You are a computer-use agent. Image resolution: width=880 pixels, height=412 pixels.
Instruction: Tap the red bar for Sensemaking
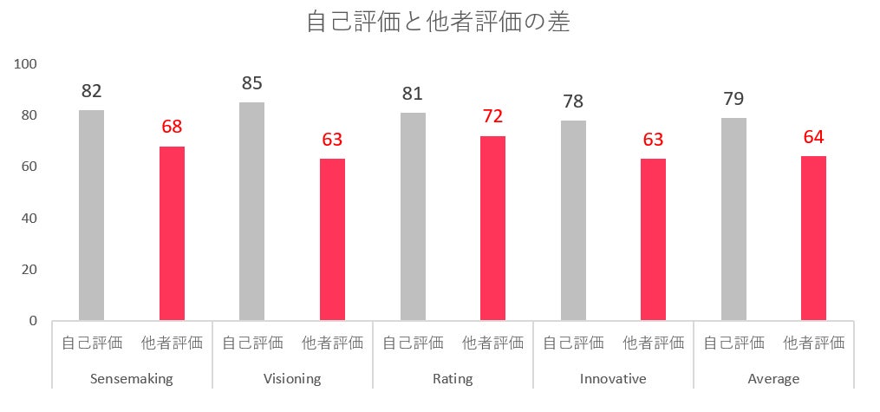click(x=172, y=233)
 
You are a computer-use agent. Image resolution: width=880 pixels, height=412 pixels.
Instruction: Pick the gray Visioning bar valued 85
click(x=251, y=212)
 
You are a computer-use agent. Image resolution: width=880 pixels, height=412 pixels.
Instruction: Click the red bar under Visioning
click(x=332, y=239)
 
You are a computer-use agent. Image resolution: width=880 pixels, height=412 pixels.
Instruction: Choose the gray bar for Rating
click(x=413, y=217)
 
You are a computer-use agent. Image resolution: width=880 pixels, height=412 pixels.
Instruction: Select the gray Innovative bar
click(x=573, y=220)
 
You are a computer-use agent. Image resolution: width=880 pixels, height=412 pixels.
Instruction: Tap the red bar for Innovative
click(x=653, y=239)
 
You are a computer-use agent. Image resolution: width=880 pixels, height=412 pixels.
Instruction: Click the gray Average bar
click(x=733, y=219)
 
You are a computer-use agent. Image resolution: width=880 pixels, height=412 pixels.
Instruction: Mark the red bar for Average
click(x=813, y=239)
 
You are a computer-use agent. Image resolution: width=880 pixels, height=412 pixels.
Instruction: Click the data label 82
click(x=92, y=91)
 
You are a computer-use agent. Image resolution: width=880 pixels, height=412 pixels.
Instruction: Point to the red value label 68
click(x=173, y=128)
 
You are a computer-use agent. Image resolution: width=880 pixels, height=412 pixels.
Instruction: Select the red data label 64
click(x=813, y=138)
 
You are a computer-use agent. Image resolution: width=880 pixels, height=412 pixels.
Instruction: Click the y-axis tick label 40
click(x=29, y=218)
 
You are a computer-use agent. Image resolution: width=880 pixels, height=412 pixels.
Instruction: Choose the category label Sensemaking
click(x=132, y=379)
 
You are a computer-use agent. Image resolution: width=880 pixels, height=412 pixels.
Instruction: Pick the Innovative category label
click(x=613, y=379)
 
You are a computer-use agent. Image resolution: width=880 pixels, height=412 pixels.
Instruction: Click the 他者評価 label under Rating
click(x=492, y=343)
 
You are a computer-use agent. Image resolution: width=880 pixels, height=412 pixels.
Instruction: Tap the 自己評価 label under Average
click(x=733, y=343)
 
